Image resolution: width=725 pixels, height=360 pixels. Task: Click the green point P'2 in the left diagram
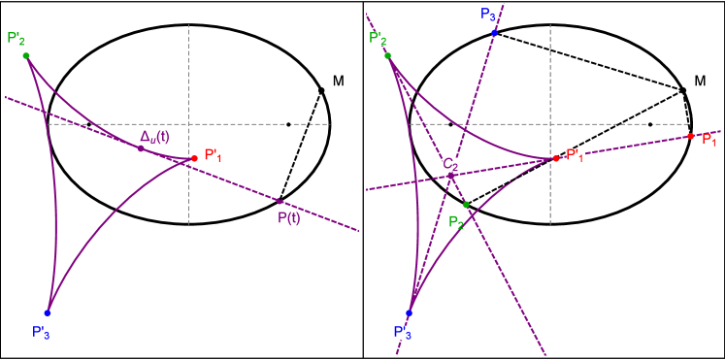[26, 55]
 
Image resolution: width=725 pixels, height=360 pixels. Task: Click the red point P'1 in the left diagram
[194, 157]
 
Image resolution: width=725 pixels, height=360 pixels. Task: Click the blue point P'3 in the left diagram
[48, 312]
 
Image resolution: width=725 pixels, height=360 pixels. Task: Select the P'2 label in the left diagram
[16, 39]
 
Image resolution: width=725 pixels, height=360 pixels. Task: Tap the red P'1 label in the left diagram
[214, 155]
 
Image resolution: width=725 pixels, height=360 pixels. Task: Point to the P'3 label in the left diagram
[41, 333]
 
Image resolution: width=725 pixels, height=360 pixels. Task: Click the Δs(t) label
[154, 137]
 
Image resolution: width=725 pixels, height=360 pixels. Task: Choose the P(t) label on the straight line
[289, 217]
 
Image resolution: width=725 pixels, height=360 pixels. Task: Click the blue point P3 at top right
[494, 33]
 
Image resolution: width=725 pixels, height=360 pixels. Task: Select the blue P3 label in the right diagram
[487, 15]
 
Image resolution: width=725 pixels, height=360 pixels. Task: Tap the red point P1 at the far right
[690, 136]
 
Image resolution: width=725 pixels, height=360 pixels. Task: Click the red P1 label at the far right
[709, 140]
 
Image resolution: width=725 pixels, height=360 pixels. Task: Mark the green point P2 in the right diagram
[466, 205]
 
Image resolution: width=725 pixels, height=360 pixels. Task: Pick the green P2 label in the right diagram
[456, 222]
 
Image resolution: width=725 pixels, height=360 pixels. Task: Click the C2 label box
[451, 164]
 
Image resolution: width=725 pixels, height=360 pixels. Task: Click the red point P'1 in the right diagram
[556, 157]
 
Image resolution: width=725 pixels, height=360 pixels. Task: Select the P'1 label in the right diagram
[576, 155]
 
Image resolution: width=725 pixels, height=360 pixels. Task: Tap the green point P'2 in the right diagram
[388, 55]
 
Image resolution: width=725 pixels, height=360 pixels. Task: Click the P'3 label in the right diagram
[403, 333]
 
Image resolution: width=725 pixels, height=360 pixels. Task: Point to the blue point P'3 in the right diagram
[409, 312]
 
